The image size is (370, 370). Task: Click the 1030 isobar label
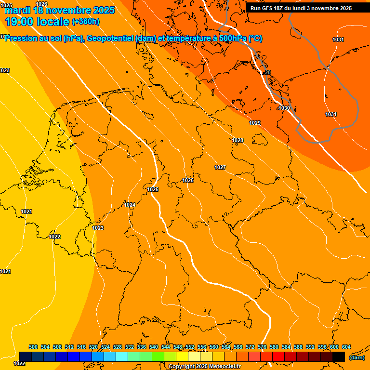[284, 108]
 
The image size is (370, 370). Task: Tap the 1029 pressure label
[255, 123]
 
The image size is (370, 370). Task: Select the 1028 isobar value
[238, 140]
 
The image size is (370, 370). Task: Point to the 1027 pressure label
[220, 167]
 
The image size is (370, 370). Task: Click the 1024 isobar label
[130, 205]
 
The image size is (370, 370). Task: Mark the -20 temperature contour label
[267, 72]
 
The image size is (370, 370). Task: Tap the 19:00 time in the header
[20, 22]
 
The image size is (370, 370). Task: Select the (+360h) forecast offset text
[86, 22]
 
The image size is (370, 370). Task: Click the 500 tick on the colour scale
[33, 347]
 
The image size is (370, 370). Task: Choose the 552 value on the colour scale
[190, 347]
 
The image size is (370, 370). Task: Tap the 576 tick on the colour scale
[262, 347]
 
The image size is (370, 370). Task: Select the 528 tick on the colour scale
[118, 347]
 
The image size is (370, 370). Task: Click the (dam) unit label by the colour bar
[357, 357]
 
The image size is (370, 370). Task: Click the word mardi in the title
[18, 10]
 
